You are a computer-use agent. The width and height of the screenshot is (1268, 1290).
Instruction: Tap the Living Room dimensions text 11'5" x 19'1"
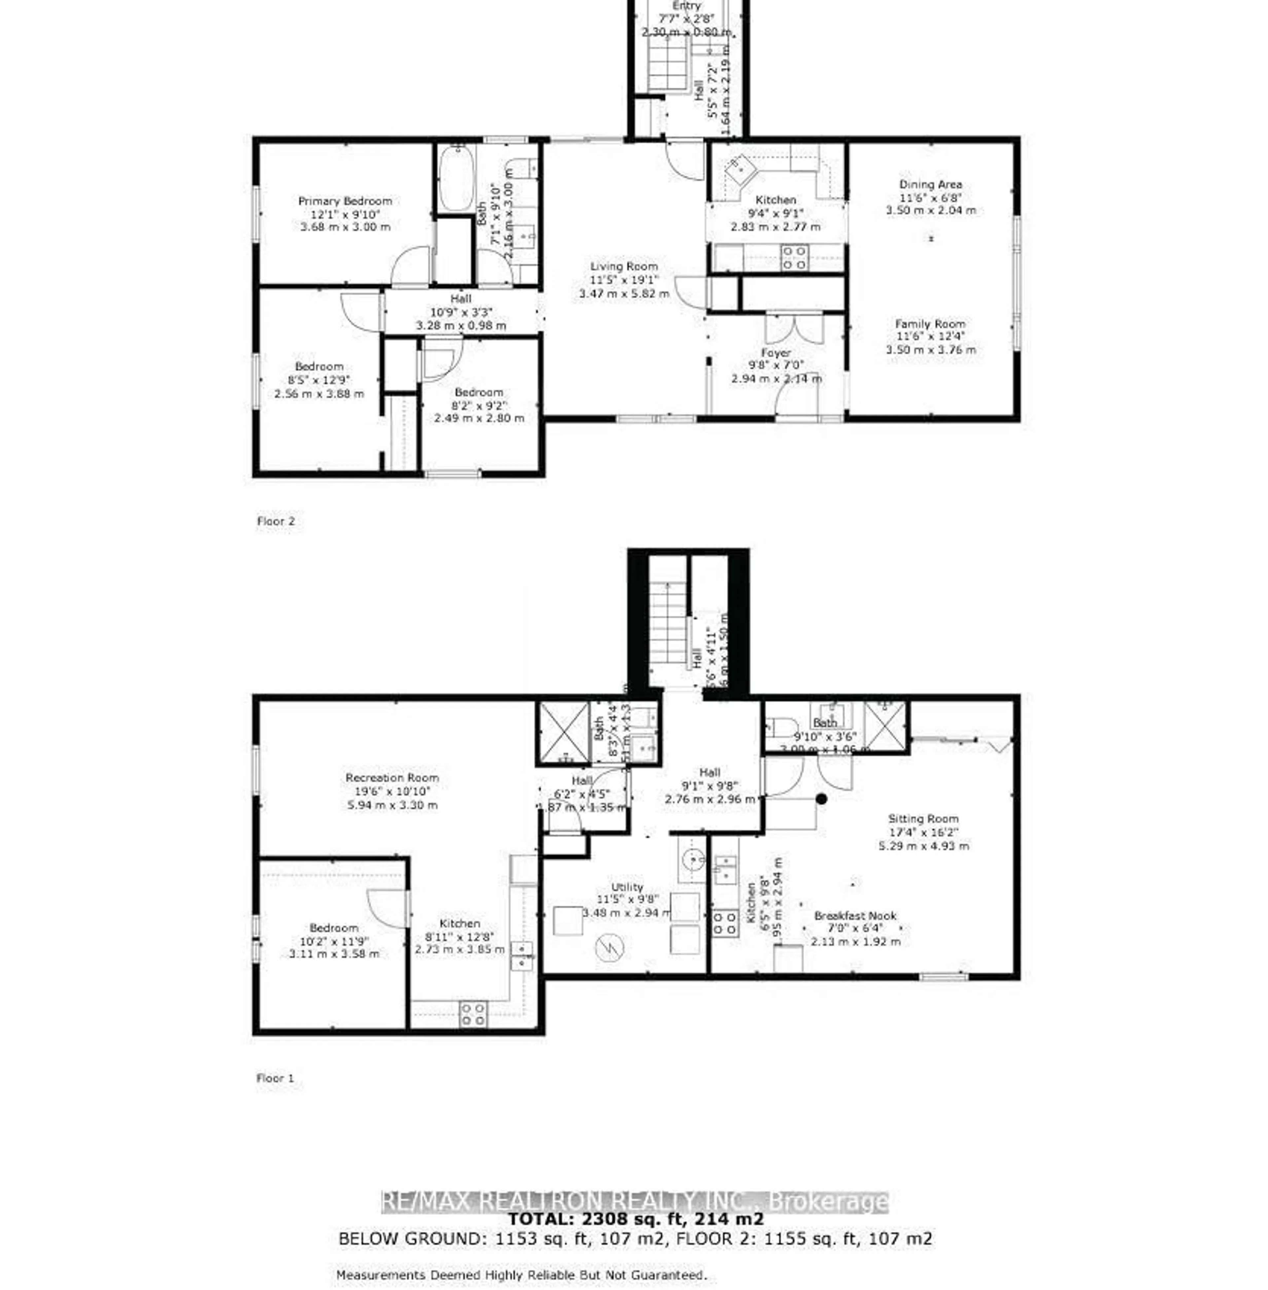(624, 280)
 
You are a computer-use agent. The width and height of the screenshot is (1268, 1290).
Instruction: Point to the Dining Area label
(930, 184)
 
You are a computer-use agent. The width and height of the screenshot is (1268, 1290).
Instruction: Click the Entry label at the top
(687, 5)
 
